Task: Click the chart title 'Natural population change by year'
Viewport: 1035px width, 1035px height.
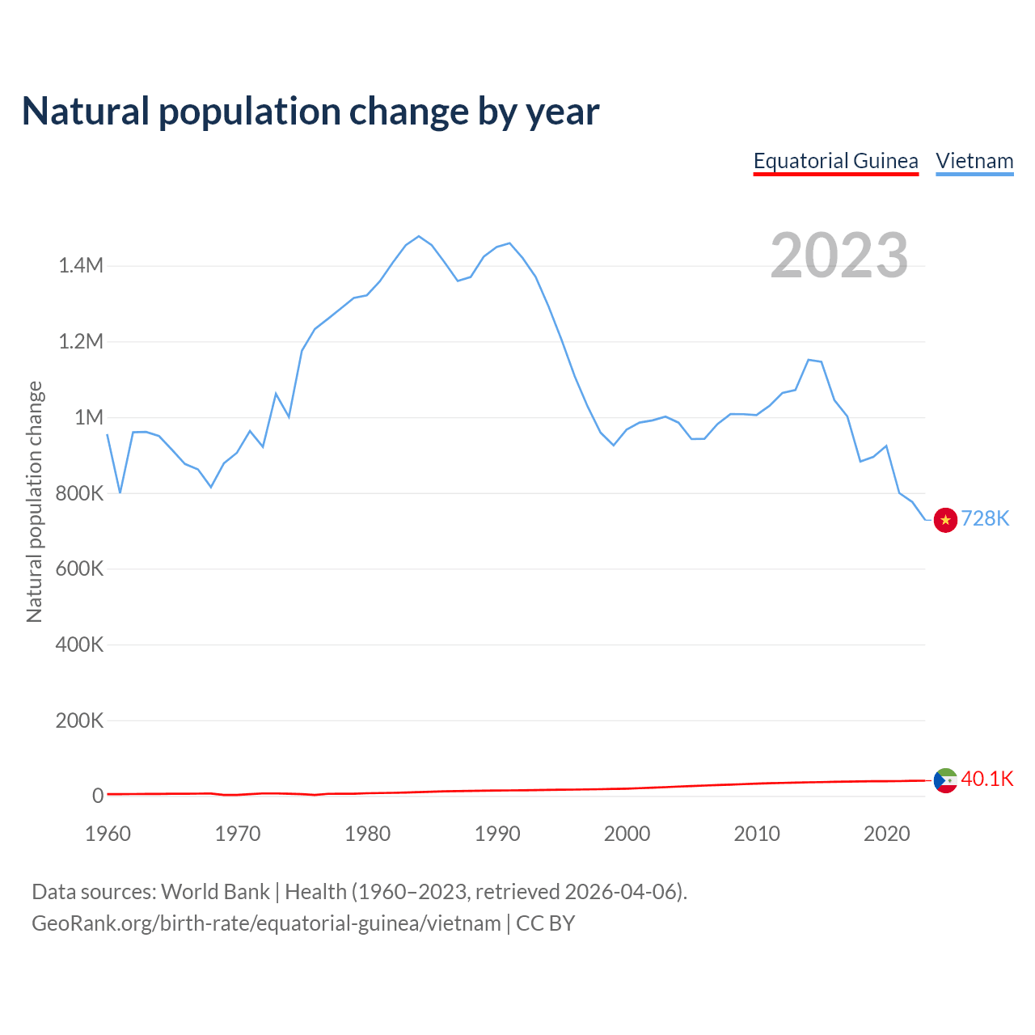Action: (x=310, y=112)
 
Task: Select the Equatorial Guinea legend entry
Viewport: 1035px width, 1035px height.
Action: (x=835, y=161)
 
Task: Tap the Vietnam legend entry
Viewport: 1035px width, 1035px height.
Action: (x=974, y=161)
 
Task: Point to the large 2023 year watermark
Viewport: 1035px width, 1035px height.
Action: (x=839, y=256)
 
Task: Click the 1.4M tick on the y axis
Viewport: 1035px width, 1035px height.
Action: (x=81, y=266)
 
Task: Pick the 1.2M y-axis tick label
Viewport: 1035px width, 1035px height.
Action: (x=81, y=341)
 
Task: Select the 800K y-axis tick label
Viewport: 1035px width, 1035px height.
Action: (x=79, y=493)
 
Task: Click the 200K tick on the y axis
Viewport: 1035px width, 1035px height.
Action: (x=79, y=720)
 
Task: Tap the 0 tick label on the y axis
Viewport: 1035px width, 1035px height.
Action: (x=98, y=796)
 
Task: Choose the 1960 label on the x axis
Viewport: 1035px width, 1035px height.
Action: (x=108, y=834)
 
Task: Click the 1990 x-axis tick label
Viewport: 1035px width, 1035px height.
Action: (x=497, y=834)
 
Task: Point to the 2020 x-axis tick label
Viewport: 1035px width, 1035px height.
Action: (x=886, y=834)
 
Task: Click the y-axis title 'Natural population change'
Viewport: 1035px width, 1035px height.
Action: (x=35, y=501)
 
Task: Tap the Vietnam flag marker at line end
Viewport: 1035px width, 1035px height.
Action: (x=945, y=520)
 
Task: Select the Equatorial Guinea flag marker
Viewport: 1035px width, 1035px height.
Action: (x=945, y=780)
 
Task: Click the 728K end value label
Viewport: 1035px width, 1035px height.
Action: (x=985, y=519)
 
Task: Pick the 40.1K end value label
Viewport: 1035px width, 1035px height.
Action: (x=986, y=779)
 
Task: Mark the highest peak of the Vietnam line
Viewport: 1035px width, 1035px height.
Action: (x=418, y=236)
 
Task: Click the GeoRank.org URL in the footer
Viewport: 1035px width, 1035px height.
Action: (x=266, y=923)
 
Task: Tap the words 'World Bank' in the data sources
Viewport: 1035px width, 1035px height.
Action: (x=215, y=892)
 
